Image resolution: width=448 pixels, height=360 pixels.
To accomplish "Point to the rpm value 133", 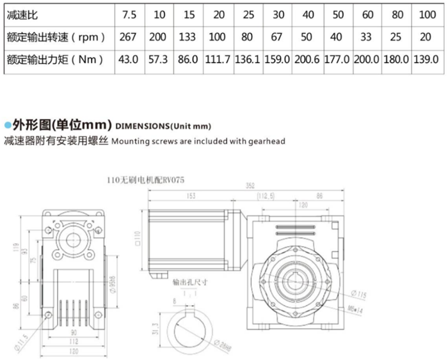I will point(188,36).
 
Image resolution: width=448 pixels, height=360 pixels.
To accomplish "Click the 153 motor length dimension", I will point(191,196).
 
